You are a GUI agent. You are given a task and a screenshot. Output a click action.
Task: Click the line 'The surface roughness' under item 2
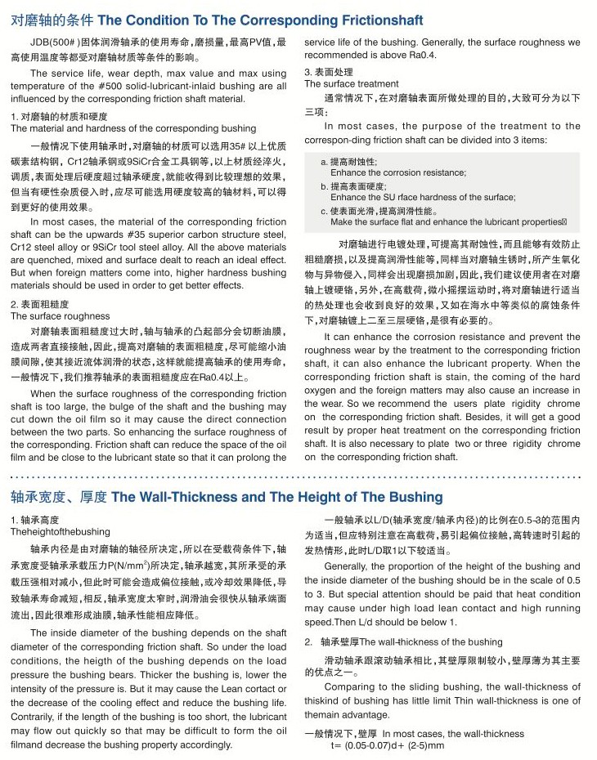pos(60,316)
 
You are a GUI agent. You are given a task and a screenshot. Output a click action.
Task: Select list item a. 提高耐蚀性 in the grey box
pos(349,163)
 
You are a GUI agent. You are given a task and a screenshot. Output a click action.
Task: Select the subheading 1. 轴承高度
pos(35,521)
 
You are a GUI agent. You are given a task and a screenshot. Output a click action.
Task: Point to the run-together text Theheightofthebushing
pos(60,532)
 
